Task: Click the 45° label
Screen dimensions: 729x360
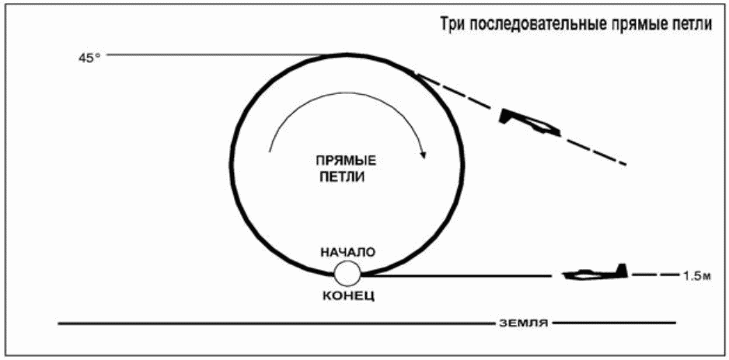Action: click(89, 60)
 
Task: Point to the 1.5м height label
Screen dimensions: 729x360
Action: click(697, 276)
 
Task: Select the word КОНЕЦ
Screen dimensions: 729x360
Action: click(347, 295)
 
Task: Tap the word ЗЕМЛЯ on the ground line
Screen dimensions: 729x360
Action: click(524, 323)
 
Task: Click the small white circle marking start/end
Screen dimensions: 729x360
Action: click(347, 274)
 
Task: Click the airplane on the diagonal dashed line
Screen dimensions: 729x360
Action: click(528, 122)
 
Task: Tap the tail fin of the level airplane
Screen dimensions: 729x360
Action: click(621, 271)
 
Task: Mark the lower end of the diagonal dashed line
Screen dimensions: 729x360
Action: click(626, 164)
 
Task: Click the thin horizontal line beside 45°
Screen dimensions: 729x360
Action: click(218, 55)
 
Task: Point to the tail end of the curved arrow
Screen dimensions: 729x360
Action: click(269, 151)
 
